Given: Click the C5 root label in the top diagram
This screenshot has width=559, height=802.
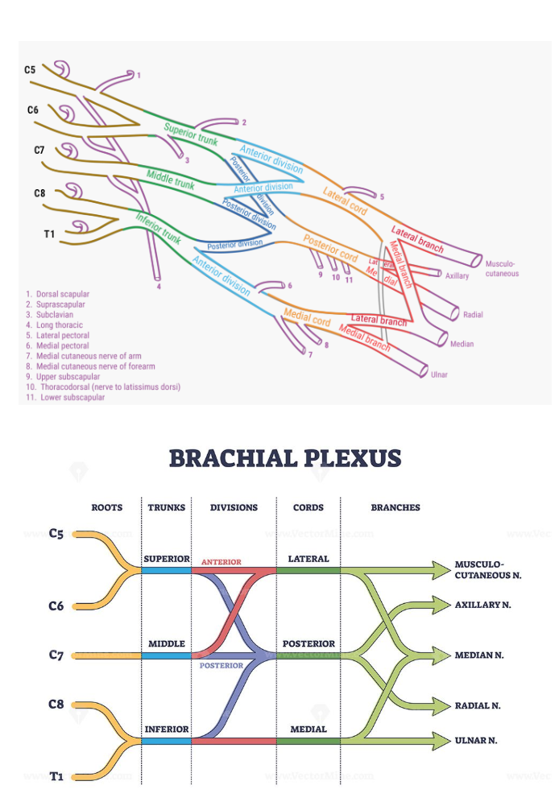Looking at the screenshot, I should point(30,70).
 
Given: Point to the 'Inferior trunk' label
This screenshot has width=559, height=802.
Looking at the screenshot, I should point(158,227).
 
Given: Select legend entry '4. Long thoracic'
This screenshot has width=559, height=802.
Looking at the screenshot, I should point(54,325).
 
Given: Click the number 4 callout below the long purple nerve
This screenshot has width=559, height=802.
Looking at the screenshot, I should point(159,286).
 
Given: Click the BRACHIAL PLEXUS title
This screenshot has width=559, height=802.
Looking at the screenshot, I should point(284,459).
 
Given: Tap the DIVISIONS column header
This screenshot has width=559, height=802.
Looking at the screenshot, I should point(234,508).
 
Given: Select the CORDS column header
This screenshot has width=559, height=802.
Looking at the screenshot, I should point(308,508).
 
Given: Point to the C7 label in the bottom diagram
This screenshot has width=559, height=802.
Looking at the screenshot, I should point(56,655).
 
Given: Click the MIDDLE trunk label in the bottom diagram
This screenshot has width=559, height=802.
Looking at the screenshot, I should point(167,644).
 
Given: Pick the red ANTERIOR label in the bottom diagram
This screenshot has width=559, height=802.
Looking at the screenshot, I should point(221,562).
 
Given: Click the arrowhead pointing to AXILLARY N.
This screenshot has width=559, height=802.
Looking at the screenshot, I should point(440,604).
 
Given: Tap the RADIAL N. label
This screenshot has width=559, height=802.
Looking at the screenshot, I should point(478,705).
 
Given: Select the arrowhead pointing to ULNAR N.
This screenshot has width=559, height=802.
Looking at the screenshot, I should point(440,739).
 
